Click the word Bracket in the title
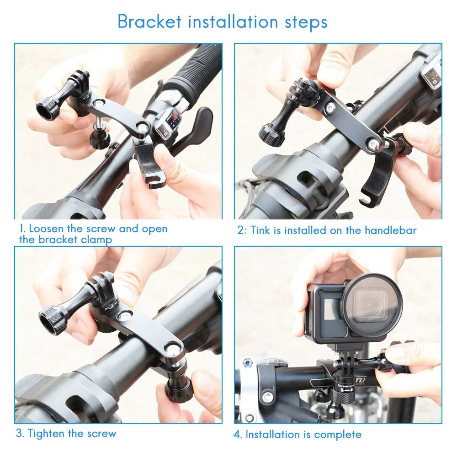point(149,21)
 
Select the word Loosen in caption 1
point(46,228)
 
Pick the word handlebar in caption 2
point(391,230)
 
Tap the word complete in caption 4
point(338,435)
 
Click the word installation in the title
point(233,22)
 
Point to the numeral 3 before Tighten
point(19,433)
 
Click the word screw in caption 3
point(102,434)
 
